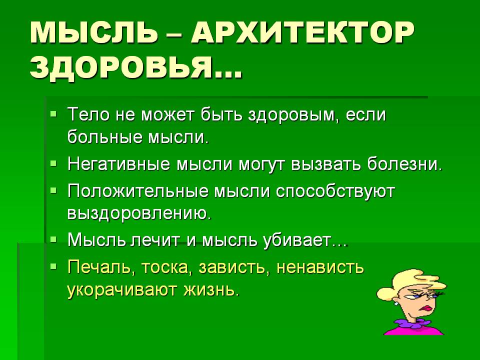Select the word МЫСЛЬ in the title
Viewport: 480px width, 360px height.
pyautogui.click(x=94, y=33)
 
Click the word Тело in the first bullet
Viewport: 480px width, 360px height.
pyautogui.click(x=88, y=114)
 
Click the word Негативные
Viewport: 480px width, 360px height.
pyautogui.click(x=118, y=164)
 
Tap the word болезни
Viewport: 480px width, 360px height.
pyautogui.click(x=404, y=164)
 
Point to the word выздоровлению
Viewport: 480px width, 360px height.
pyautogui.click(x=139, y=213)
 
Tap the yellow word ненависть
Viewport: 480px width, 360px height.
pyautogui.click(x=320, y=267)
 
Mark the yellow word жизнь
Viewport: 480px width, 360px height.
pyautogui.click(x=210, y=289)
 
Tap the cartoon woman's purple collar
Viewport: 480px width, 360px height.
pyautogui.click(x=410, y=323)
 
